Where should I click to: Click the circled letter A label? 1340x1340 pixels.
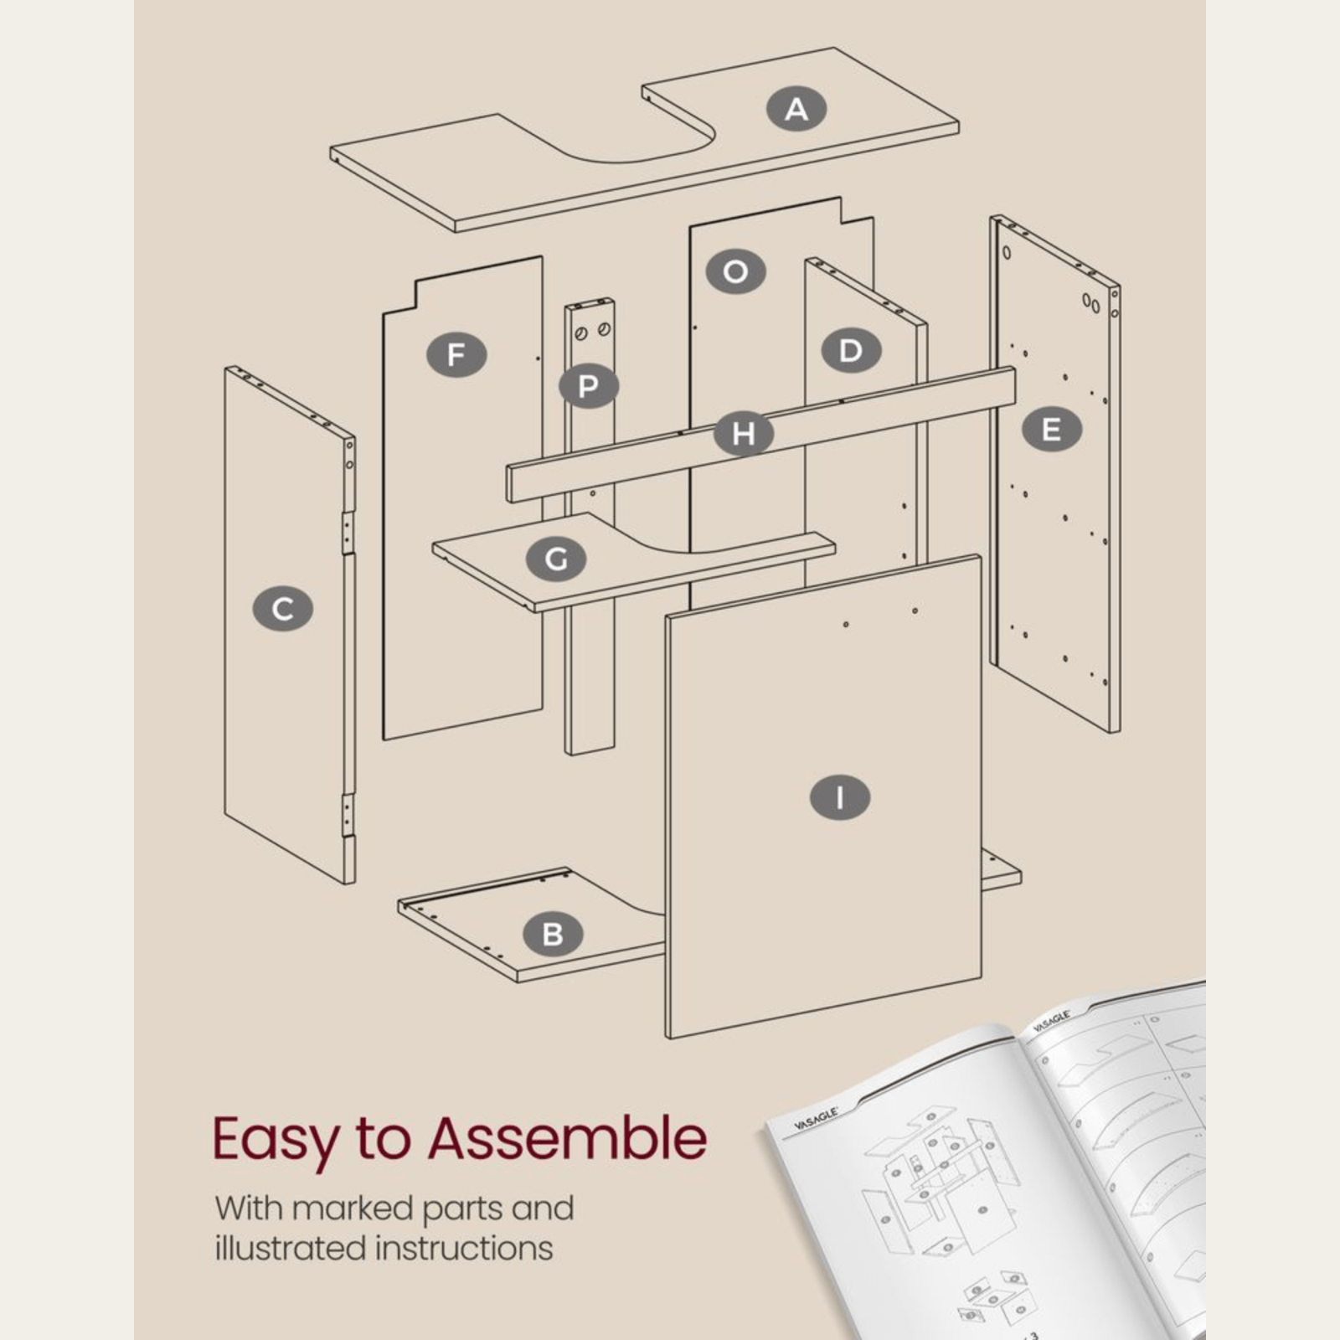click(796, 109)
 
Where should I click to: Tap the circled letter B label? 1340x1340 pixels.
click(553, 934)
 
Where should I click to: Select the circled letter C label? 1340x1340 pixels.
click(283, 609)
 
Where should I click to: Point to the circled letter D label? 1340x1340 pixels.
click(850, 350)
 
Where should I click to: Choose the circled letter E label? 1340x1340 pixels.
click(1052, 430)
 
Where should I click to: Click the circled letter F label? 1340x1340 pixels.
click(456, 354)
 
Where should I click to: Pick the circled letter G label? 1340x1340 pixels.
click(556, 559)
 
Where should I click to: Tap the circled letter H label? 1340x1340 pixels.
click(744, 434)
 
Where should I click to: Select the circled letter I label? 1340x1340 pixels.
click(840, 796)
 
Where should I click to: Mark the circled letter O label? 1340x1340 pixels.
click(735, 271)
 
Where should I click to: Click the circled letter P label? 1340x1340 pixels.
click(589, 386)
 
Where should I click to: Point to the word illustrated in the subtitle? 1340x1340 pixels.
click(293, 1249)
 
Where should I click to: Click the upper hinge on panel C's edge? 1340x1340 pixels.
click(347, 533)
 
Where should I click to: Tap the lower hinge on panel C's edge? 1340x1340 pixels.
click(347, 813)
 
